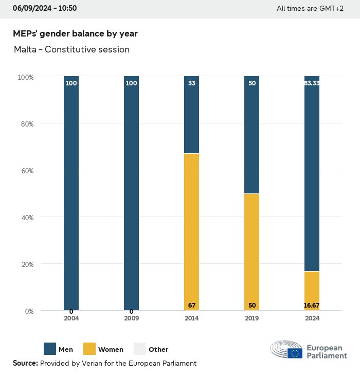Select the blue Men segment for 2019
(251, 135)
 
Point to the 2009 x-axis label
(131, 318)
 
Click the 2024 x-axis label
(312, 318)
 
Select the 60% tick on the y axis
(26, 171)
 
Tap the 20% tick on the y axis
(26, 264)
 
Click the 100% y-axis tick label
(26, 77)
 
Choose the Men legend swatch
(50, 349)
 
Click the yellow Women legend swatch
(89, 349)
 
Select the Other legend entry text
(158, 350)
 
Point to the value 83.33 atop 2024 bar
(312, 83)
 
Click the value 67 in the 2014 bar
(192, 306)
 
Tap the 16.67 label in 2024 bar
(312, 306)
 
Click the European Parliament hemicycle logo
(286, 349)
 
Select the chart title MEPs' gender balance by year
(75, 33)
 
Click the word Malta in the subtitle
(24, 50)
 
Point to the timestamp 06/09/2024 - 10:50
(45, 8)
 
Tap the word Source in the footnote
(25, 363)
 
